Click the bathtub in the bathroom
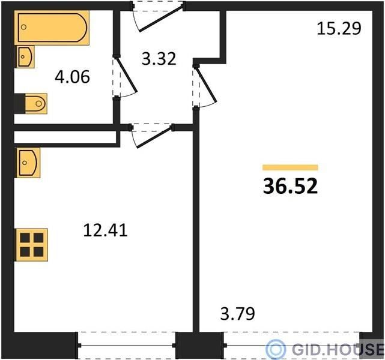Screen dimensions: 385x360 click(52, 28)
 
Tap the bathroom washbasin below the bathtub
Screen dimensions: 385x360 click(25, 56)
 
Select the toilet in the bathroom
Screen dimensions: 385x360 click(36, 103)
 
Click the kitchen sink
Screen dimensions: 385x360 click(28, 163)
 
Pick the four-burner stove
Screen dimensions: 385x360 click(32, 245)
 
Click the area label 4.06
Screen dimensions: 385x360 click(73, 77)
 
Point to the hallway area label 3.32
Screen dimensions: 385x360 click(159, 59)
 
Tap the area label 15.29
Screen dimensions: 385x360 click(339, 28)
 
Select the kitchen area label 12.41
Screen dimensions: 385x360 click(105, 230)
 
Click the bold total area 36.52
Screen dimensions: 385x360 click(290, 186)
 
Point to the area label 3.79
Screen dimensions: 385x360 click(238, 313)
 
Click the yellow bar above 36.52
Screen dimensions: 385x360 click(290, 167)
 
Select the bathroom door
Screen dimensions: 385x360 click(125, 77)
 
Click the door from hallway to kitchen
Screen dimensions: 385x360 click(152, 136)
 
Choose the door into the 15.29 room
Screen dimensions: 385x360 click(205, 86)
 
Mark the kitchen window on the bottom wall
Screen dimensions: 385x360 click(127, 345)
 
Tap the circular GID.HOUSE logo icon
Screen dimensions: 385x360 click(276, 349)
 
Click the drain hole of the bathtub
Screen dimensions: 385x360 click(23, 27)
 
